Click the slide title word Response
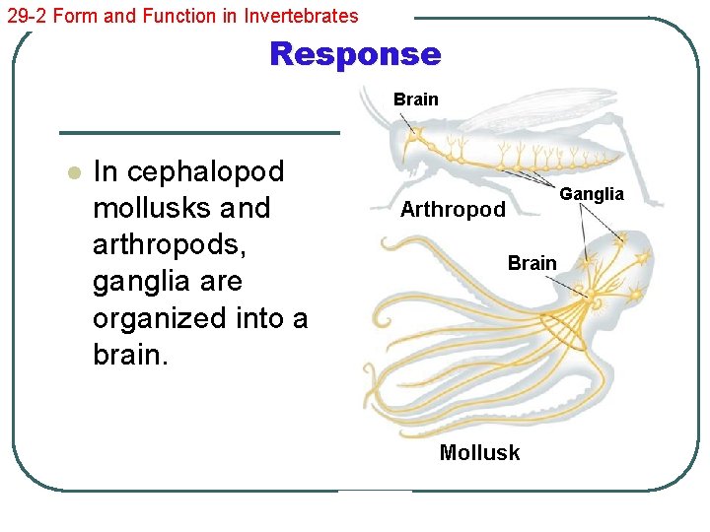point(355,54)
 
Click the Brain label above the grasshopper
point(415,100)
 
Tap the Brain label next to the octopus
point(532,263)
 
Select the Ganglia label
point(592,194)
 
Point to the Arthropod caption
point(453,210)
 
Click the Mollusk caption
point(479,453)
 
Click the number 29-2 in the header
point(23,16)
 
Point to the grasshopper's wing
point(532,114)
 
